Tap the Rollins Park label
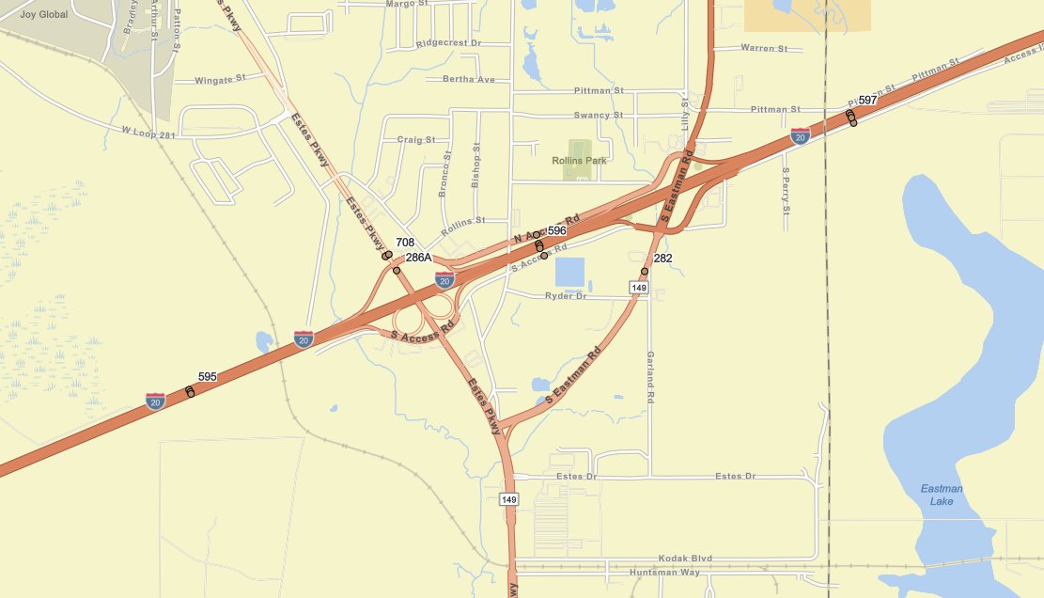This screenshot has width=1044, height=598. [579, 161]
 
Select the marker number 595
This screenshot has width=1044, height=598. [207, 377]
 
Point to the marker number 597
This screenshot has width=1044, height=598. [867, 101]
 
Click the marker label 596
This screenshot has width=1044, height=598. [557, 230]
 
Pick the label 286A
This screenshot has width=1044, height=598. [418, 257]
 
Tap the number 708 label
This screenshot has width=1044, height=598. [405, 243]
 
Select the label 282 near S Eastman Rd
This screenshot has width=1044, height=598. [662, 258]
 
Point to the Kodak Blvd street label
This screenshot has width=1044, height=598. [685, 559]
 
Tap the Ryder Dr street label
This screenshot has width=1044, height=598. [566, 296]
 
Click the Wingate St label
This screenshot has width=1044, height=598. [219, 80]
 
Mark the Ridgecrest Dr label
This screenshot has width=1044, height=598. [448, 43]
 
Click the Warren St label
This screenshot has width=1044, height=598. [764, 48]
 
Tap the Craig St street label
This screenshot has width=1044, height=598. [416, 139]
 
